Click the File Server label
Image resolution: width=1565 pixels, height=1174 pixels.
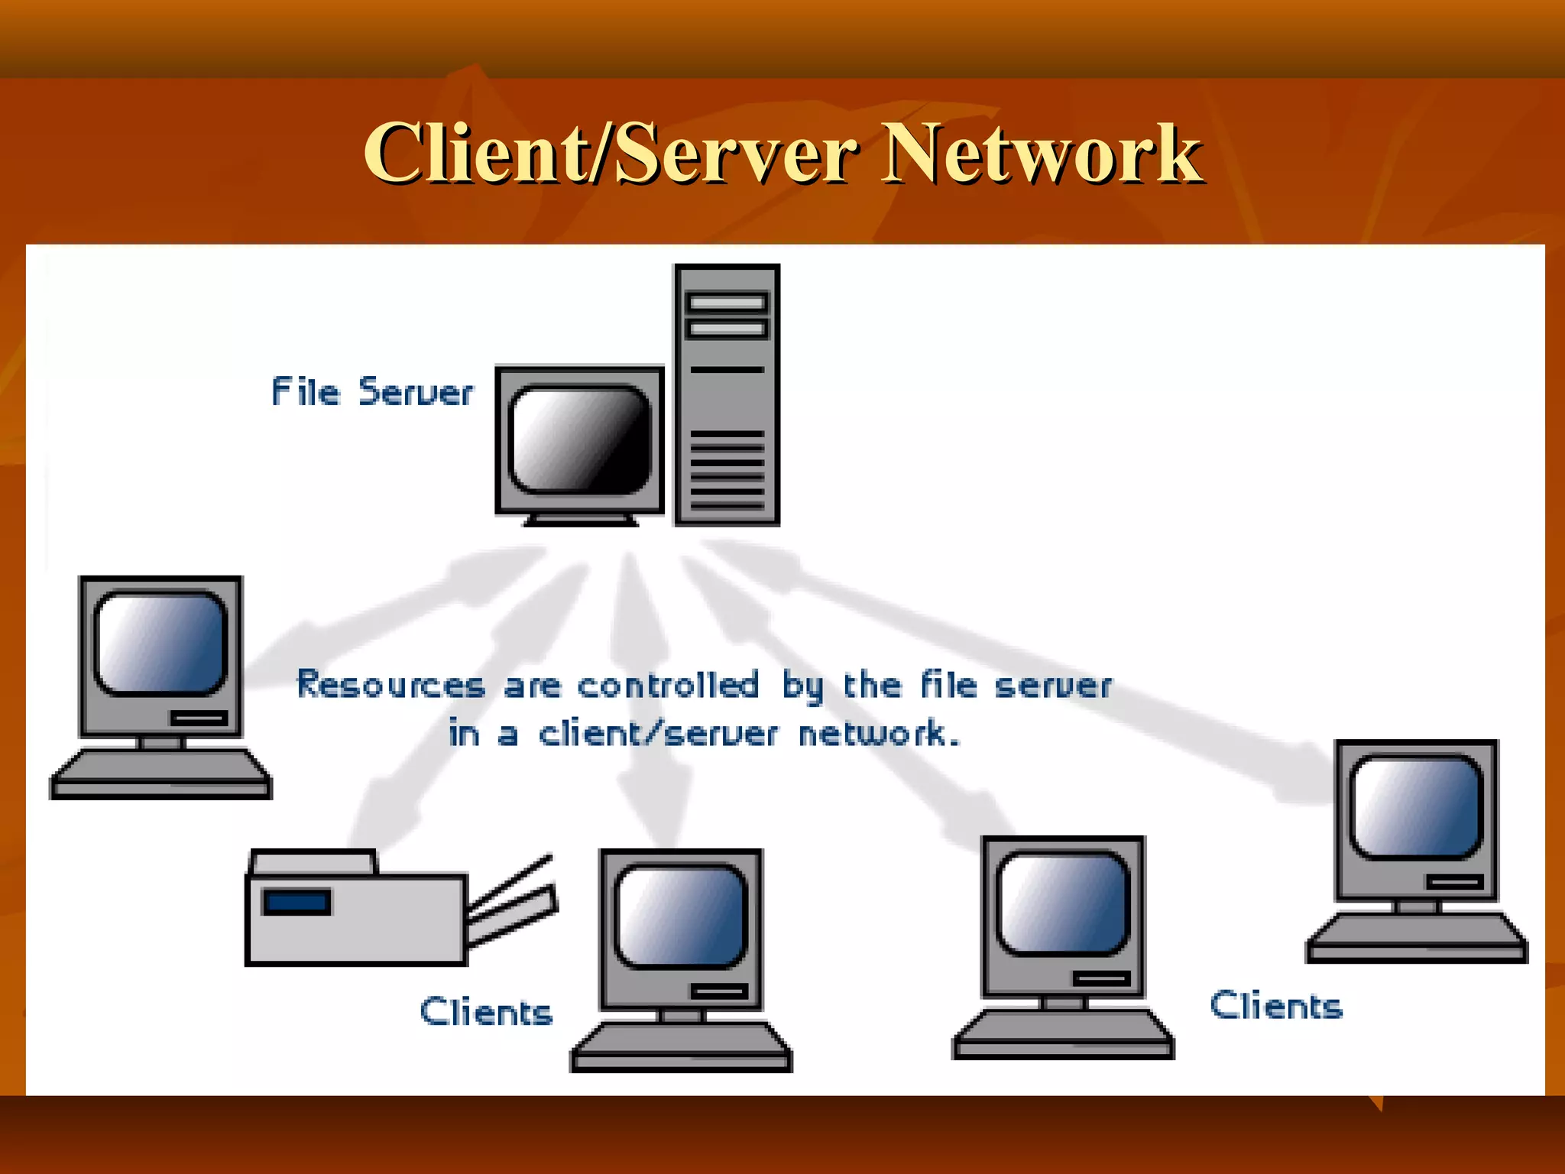click(x=372, y=392)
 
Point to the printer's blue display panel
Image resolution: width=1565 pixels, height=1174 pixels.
click(x=296, y=902)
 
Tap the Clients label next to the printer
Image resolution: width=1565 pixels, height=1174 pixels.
click(x=486, y=1012)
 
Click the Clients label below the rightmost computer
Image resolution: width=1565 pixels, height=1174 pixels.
click(x=1276, y=1006)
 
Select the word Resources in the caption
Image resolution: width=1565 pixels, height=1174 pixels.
click(x=390, y=684)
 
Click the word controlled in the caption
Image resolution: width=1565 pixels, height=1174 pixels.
click(x=668, y=685)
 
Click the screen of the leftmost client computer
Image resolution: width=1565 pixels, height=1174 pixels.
click(x=160, y=643)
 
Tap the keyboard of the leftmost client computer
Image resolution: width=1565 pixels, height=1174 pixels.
click(x=160, y=773)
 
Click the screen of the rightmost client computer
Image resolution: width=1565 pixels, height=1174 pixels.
click(x=1416, y=807)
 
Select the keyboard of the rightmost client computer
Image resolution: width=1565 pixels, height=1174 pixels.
click(x=1416, y=937)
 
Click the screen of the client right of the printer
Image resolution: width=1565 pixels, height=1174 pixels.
click(x=680, y=916)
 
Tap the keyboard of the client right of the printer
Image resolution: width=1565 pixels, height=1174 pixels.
click(x=680, y=1046)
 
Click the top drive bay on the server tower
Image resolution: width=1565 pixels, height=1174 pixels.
click(x=726, y=303)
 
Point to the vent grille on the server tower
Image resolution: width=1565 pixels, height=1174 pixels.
click(x=727, y=469)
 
